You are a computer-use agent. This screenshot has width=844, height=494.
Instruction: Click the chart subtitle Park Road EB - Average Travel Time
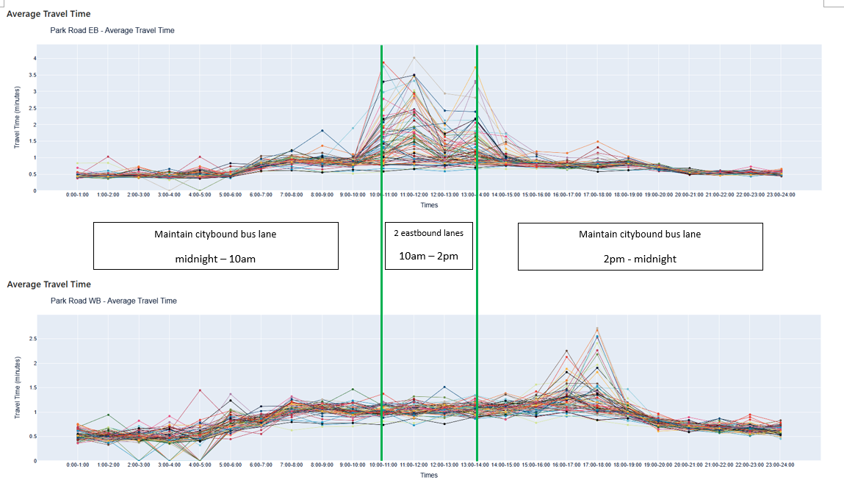point(112,31)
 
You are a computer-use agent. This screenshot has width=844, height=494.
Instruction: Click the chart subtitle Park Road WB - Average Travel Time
point(114,301)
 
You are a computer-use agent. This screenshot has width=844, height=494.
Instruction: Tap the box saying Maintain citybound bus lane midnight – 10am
point(216,246)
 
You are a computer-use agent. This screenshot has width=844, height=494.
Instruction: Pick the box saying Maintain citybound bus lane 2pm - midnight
point(641,246)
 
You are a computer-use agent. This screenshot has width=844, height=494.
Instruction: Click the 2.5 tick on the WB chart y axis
point(33,339)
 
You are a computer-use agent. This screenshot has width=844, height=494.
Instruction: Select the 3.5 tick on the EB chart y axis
point(33,75)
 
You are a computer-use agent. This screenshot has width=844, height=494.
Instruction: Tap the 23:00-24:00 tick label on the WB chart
point(781,465)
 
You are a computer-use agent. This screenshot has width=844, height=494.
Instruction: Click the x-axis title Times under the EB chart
point(429,205)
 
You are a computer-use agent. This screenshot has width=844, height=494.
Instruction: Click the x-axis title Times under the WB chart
point(429,475)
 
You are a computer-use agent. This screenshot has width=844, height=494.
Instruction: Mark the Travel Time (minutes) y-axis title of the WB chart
point(17,390)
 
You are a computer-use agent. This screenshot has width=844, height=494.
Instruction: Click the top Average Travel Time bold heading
point(48,14)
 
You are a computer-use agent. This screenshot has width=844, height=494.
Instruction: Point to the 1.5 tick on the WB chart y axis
point(33,387)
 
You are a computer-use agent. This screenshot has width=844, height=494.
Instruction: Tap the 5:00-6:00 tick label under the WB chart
point(230,465)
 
